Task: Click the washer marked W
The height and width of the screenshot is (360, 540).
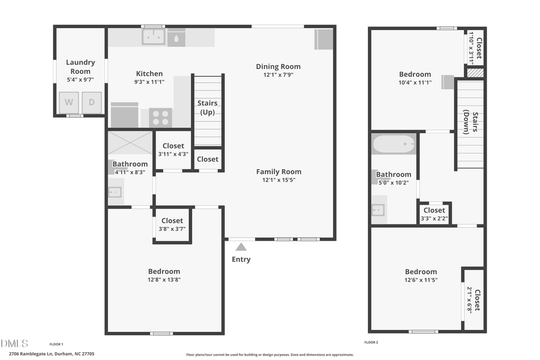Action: [x=69, y=102]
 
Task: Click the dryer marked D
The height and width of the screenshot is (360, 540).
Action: [x=91, y=102]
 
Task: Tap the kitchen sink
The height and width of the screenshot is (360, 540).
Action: [x=153, y=37]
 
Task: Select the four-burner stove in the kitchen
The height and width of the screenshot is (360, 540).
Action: [x=160, y=117]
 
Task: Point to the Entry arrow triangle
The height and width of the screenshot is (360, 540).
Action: [x=241, y=247]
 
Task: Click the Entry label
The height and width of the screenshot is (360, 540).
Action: [x=241, y=259]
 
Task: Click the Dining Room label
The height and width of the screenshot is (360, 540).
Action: [x=278, y=67]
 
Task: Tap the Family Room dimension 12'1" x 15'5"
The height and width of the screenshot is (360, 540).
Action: [x=278, y=179]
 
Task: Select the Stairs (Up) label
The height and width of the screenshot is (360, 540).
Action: [x=208, y=107]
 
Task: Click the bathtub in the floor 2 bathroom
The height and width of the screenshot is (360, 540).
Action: [x=394, y=145]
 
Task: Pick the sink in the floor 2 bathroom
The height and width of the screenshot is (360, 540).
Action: [x=378, y=209]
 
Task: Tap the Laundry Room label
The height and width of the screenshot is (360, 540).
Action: [x=80, y=67]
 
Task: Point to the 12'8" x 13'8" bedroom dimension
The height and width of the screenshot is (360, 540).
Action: [x=164, y=279]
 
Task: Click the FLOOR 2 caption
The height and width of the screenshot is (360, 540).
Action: [x=371, y=342]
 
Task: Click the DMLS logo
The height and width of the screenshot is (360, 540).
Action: [x=14, y=343]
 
